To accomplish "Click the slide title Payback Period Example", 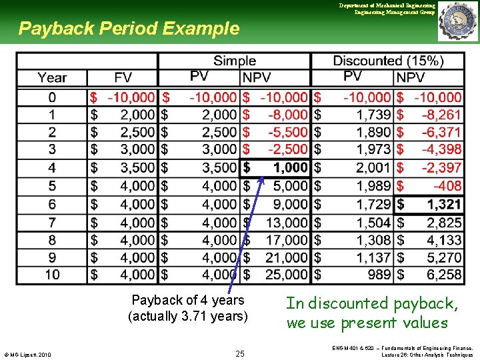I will point(129,29).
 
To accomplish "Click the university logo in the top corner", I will point(457,21).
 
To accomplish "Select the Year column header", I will point(52,78).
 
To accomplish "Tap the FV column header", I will point(123,78).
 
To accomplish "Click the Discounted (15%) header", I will point(388,61).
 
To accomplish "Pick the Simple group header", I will point(235,61).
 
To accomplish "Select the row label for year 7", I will point(52,221).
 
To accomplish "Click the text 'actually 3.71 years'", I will point(188,316).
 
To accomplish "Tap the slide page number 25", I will point(240,353).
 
